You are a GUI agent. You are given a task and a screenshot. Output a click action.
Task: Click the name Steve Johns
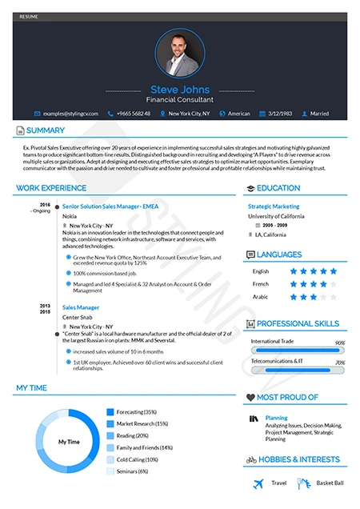coord(179,90)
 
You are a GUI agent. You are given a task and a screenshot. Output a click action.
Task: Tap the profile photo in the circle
coord(179,53)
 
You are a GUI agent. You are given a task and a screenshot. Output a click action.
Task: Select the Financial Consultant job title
coord(179,101)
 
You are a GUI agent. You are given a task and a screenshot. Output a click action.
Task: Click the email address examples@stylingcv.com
coord(73,114)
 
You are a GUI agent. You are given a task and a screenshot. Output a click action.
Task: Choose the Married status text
coord(320,114)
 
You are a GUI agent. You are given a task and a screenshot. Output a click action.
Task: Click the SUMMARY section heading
coord(46,130)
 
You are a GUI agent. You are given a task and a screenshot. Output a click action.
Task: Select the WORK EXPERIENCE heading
coord(51,188)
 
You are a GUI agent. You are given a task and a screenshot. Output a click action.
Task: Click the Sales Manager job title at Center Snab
coord(81,307)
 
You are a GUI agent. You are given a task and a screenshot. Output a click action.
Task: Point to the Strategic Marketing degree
coord(274,206)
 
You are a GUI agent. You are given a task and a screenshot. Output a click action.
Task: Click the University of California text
coord(276,216)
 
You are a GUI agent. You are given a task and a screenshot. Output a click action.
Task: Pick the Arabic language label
coord(261,297)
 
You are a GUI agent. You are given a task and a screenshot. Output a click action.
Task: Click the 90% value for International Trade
coord(340,343)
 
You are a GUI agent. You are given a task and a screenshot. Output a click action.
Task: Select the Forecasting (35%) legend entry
coord(137,411)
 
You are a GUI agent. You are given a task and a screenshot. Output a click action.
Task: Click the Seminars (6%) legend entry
coord(132,471)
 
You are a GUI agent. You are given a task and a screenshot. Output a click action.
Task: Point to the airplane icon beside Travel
coord(258,483)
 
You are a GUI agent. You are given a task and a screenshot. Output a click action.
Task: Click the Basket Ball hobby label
coord(330,483)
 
